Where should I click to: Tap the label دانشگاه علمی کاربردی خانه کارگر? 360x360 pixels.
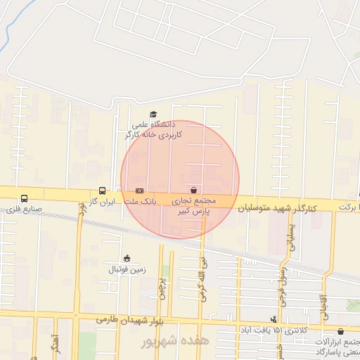click(153, 129)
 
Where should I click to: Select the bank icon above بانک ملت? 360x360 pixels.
click(139, 191)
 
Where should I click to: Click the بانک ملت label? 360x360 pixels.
click(139, 202)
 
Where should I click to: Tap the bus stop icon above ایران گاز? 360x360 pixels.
click(103, 191)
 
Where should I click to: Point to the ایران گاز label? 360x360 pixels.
click(101, 202)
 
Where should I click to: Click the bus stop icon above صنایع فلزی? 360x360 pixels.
click(25, 198)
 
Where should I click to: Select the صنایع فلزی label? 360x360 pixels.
click(25, 210)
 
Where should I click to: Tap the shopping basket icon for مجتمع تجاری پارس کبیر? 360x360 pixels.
click(193, 190)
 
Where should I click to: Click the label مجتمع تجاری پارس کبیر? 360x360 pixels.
click(194, 205)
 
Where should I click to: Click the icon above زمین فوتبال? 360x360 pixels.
click(127, 258)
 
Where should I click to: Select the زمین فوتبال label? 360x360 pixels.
click(127, 269)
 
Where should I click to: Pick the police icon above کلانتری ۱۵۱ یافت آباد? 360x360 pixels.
click(274, 319)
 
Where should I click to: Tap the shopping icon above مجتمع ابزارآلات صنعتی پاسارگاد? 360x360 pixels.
click(340, 330)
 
